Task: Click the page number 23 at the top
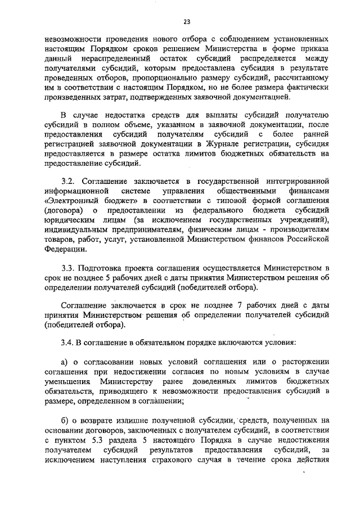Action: [x=186, y=21]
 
